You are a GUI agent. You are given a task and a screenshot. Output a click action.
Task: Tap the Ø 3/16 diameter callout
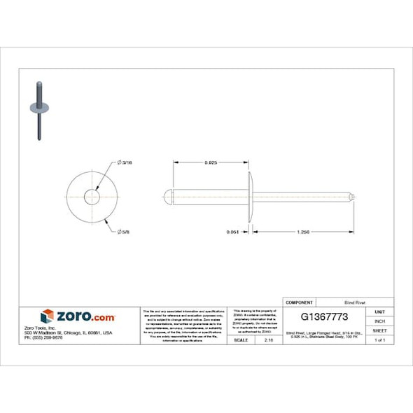pos(126,162)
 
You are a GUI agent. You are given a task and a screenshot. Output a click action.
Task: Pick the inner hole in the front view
pos(92,197)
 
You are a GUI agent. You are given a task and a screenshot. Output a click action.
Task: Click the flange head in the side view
pos(250,197)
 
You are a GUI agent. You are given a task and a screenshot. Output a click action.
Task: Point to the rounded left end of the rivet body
pos(167,197)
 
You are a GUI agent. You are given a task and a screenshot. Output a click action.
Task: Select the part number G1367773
pos(318,316)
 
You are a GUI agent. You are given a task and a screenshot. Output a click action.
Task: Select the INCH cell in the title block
pos(379,321)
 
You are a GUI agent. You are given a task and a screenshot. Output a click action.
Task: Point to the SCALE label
pos(240,339)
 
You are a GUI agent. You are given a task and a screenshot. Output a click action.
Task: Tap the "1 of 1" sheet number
pos(379,339)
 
